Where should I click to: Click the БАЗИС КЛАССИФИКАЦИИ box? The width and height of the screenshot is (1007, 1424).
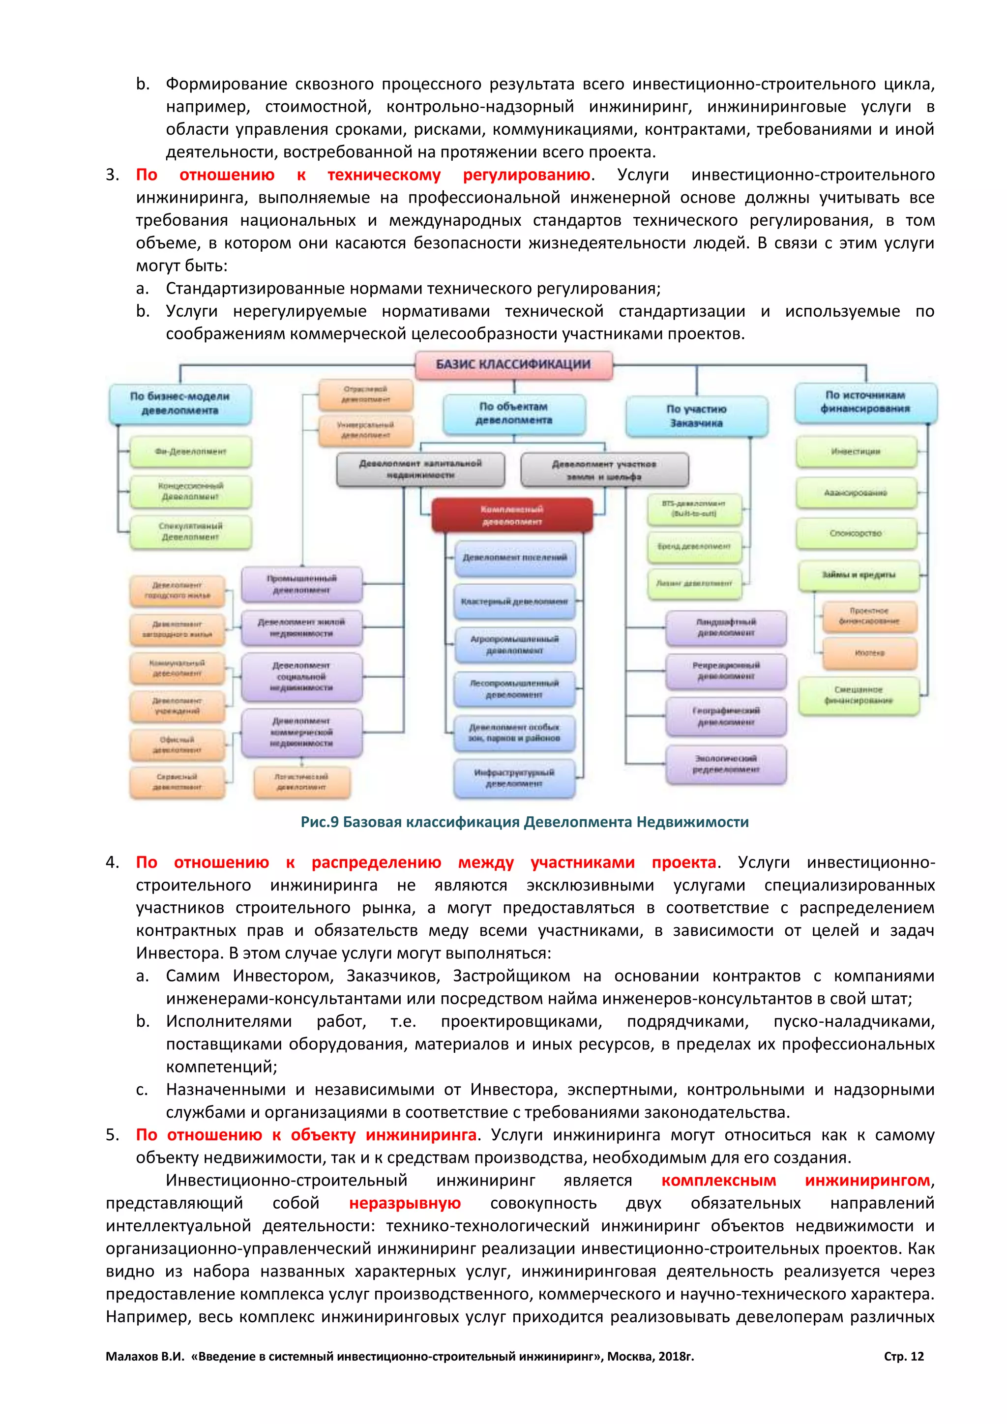[513, 365]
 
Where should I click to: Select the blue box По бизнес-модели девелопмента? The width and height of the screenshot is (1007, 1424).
[180, 404]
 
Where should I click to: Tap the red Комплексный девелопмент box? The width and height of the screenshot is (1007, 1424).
[512, 515]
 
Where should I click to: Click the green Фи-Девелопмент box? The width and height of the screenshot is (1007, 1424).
[190, 451]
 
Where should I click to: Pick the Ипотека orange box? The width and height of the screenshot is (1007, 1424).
[869, 653]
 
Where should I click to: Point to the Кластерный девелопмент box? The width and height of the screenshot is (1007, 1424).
[514, 601]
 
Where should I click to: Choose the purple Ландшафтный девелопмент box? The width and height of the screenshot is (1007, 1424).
[725, 627]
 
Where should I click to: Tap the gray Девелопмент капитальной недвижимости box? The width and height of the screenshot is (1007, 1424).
[420, 469]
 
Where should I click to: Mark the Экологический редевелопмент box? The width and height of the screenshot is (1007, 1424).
[725, 764]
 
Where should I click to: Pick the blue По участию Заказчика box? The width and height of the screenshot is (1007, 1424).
[696, 416]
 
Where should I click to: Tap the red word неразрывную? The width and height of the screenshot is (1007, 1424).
[404, 1203]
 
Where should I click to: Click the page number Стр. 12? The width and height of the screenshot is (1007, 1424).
[903, 1357]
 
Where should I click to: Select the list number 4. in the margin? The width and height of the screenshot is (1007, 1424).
[112, 863]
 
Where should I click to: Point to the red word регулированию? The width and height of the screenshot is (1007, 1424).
[527, 175]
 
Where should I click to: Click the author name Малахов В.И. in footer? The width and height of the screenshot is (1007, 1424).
[145, 1357]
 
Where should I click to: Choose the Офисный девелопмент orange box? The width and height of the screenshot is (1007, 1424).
[178, 745]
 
